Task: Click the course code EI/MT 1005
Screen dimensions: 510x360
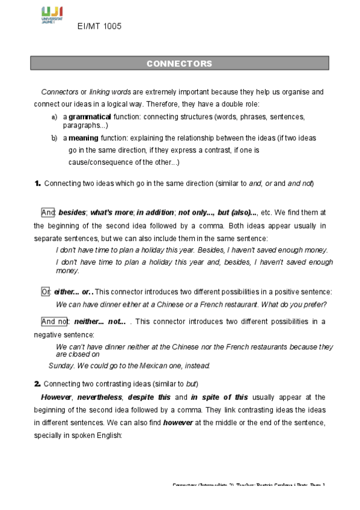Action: click(x=99, y=27)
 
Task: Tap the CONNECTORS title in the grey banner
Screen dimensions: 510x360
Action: click(x=179, y=63)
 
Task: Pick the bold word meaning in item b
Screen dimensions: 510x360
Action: click(x=84, y=138)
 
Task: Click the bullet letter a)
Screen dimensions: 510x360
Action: click(x=55, y=117)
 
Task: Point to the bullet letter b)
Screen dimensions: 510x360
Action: click(x=55, y=138)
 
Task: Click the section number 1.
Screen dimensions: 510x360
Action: click(x=37, y=183)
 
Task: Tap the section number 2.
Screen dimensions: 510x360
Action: click(x=37, y=383)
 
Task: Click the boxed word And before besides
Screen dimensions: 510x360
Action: click(x=48, y=212)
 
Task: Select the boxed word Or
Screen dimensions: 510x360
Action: click(x=46, y=292)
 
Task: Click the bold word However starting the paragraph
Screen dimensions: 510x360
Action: click(x=56, y=398)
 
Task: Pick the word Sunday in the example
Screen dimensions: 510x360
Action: click(x=61, y=365)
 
